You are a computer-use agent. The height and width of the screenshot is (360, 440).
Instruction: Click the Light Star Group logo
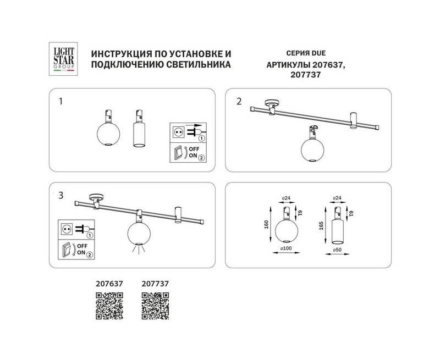[x=63, y=59]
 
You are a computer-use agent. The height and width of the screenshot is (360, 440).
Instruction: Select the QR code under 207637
[x=109, y=306]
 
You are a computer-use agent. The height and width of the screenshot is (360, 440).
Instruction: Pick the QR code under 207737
[x=155, y=306]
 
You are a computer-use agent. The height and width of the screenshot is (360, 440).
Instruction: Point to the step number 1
[x=61, y=102]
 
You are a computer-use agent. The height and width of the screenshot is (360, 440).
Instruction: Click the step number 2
[x=239, y=102]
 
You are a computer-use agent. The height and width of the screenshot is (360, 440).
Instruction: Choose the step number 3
[x=61, y=196]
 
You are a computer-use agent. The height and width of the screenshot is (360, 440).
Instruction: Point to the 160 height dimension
[x=267, y=224]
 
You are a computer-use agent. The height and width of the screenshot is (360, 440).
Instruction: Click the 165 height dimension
[x=322, y=225]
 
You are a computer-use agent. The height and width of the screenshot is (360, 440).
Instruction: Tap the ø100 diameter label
[x=286, y=248]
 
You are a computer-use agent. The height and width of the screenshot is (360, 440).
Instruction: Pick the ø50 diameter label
[x=337, y=250]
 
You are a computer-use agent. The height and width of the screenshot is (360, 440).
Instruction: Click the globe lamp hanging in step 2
[x=312, y=147]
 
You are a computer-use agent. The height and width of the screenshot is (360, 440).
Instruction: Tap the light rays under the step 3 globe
[x=139, y=248]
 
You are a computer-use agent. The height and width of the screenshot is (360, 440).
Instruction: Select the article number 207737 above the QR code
[x=155, y=284]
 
